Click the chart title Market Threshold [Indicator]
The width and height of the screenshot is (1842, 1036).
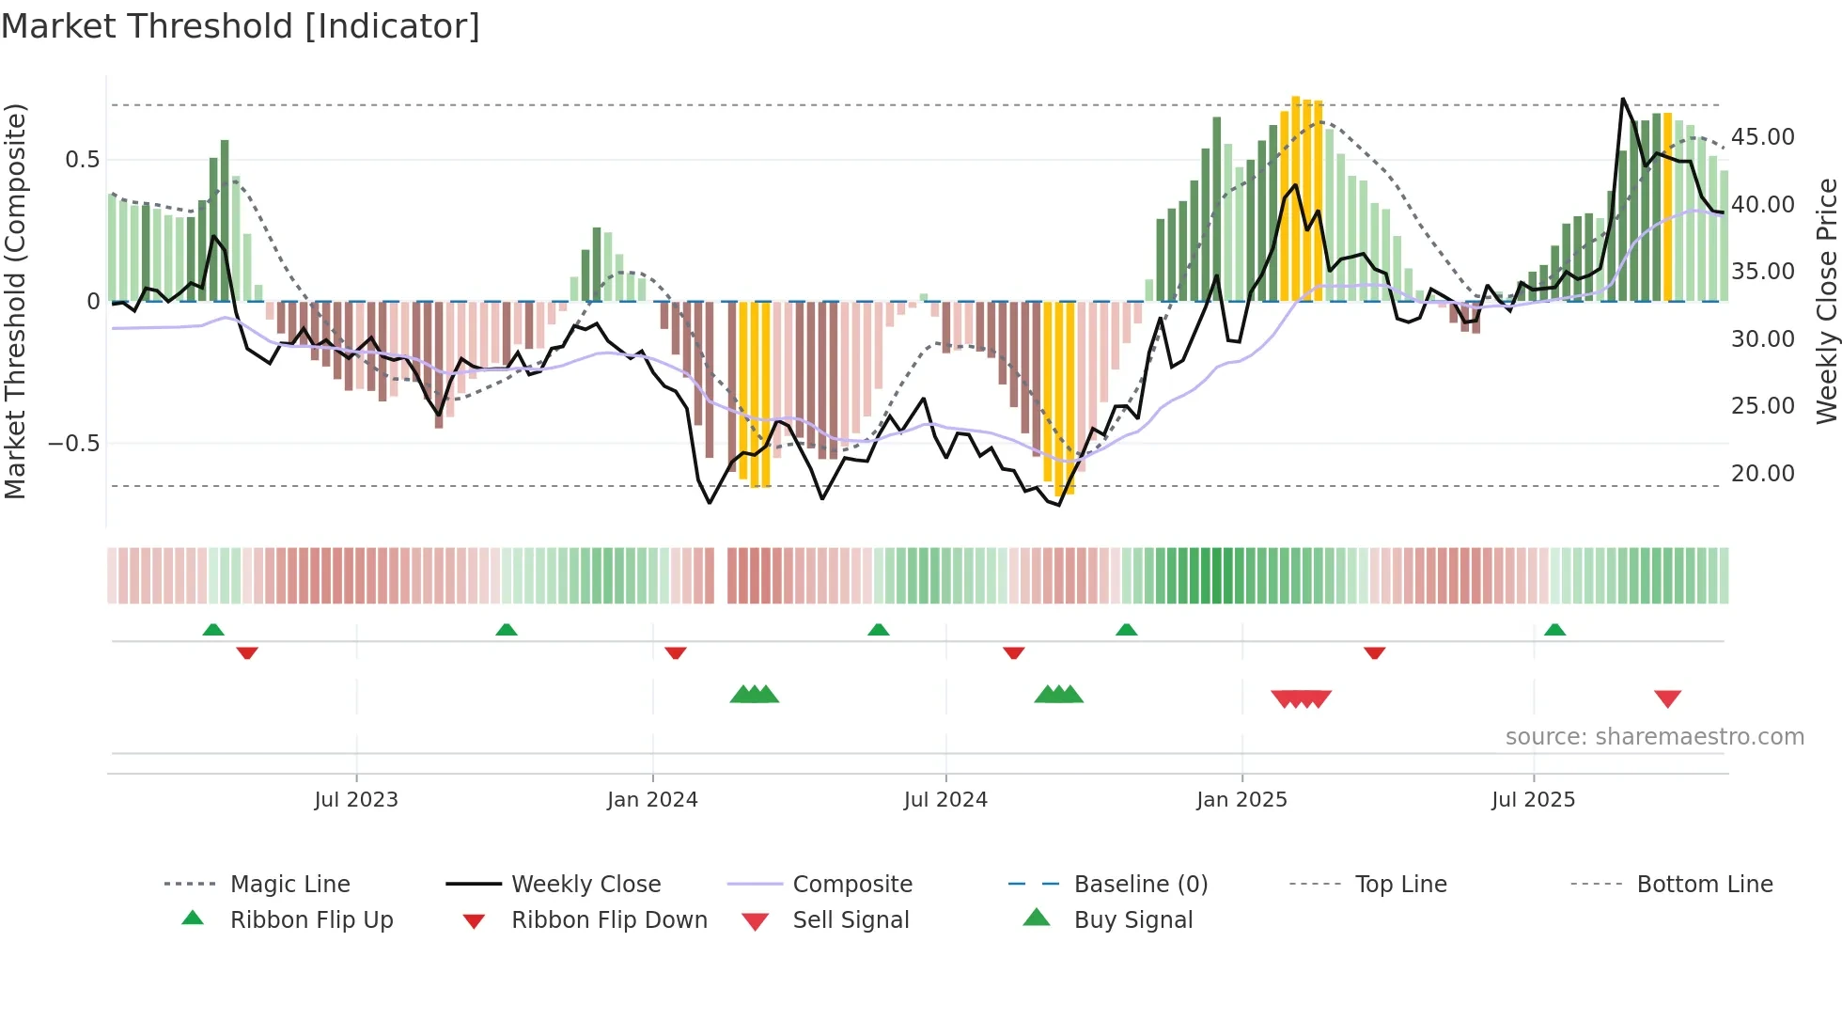(241, 26)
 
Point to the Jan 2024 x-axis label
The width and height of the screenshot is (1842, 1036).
(652, 800)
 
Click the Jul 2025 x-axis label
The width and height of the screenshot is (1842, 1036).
(1533, 800)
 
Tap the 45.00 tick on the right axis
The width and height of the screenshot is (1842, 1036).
(1762, 137)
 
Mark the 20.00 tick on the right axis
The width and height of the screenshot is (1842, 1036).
(1762, 474)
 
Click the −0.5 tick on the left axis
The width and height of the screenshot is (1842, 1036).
(74, 444)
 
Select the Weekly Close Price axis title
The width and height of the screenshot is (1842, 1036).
(1826, 301)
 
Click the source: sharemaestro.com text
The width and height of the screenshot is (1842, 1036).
(1654, 737)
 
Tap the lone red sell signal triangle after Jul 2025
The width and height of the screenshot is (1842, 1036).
(1667, 699)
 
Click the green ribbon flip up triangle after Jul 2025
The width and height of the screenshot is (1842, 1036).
(1554, 630)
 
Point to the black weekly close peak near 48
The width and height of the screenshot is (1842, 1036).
(1623, 100)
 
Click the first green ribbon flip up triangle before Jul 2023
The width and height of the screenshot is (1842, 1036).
(213, 630)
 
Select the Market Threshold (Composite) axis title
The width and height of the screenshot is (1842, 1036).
(15, 301)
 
